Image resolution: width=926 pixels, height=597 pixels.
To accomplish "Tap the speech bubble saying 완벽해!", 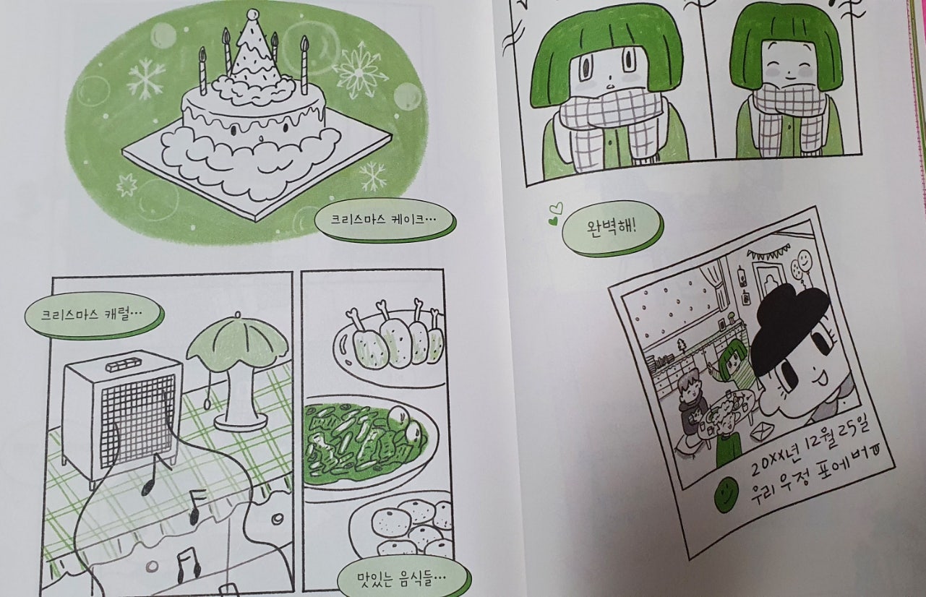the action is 612,228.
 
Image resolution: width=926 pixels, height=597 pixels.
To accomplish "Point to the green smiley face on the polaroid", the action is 727,495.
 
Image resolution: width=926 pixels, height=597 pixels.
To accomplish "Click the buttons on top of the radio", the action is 124,366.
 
